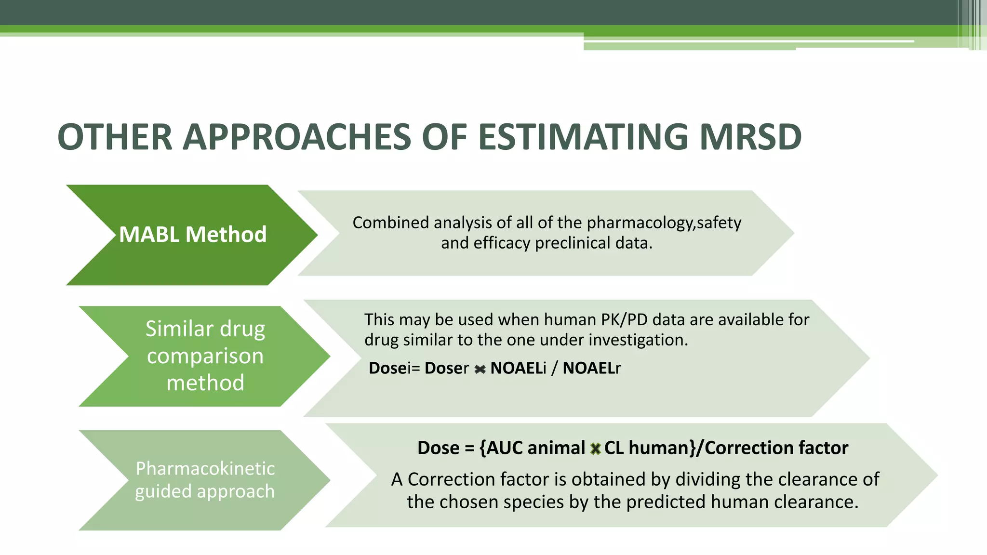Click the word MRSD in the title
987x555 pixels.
tap(750, 137)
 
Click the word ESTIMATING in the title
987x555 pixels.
tap(583, 137)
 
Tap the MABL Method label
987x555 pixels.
tap(192, 235)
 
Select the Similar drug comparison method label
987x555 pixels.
tap(205, 356)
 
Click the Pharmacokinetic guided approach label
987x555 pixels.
tap(205, 480)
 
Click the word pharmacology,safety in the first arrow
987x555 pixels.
tap(664, 223)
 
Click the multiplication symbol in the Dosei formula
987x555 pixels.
tap(480, 370)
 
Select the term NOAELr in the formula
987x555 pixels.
tap(591, 368)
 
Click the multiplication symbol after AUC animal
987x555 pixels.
tap(595, 449)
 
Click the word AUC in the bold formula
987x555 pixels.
tap(505, 448)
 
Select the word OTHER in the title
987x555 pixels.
tap(115, 137)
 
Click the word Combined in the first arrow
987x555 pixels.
tap(390, 223)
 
